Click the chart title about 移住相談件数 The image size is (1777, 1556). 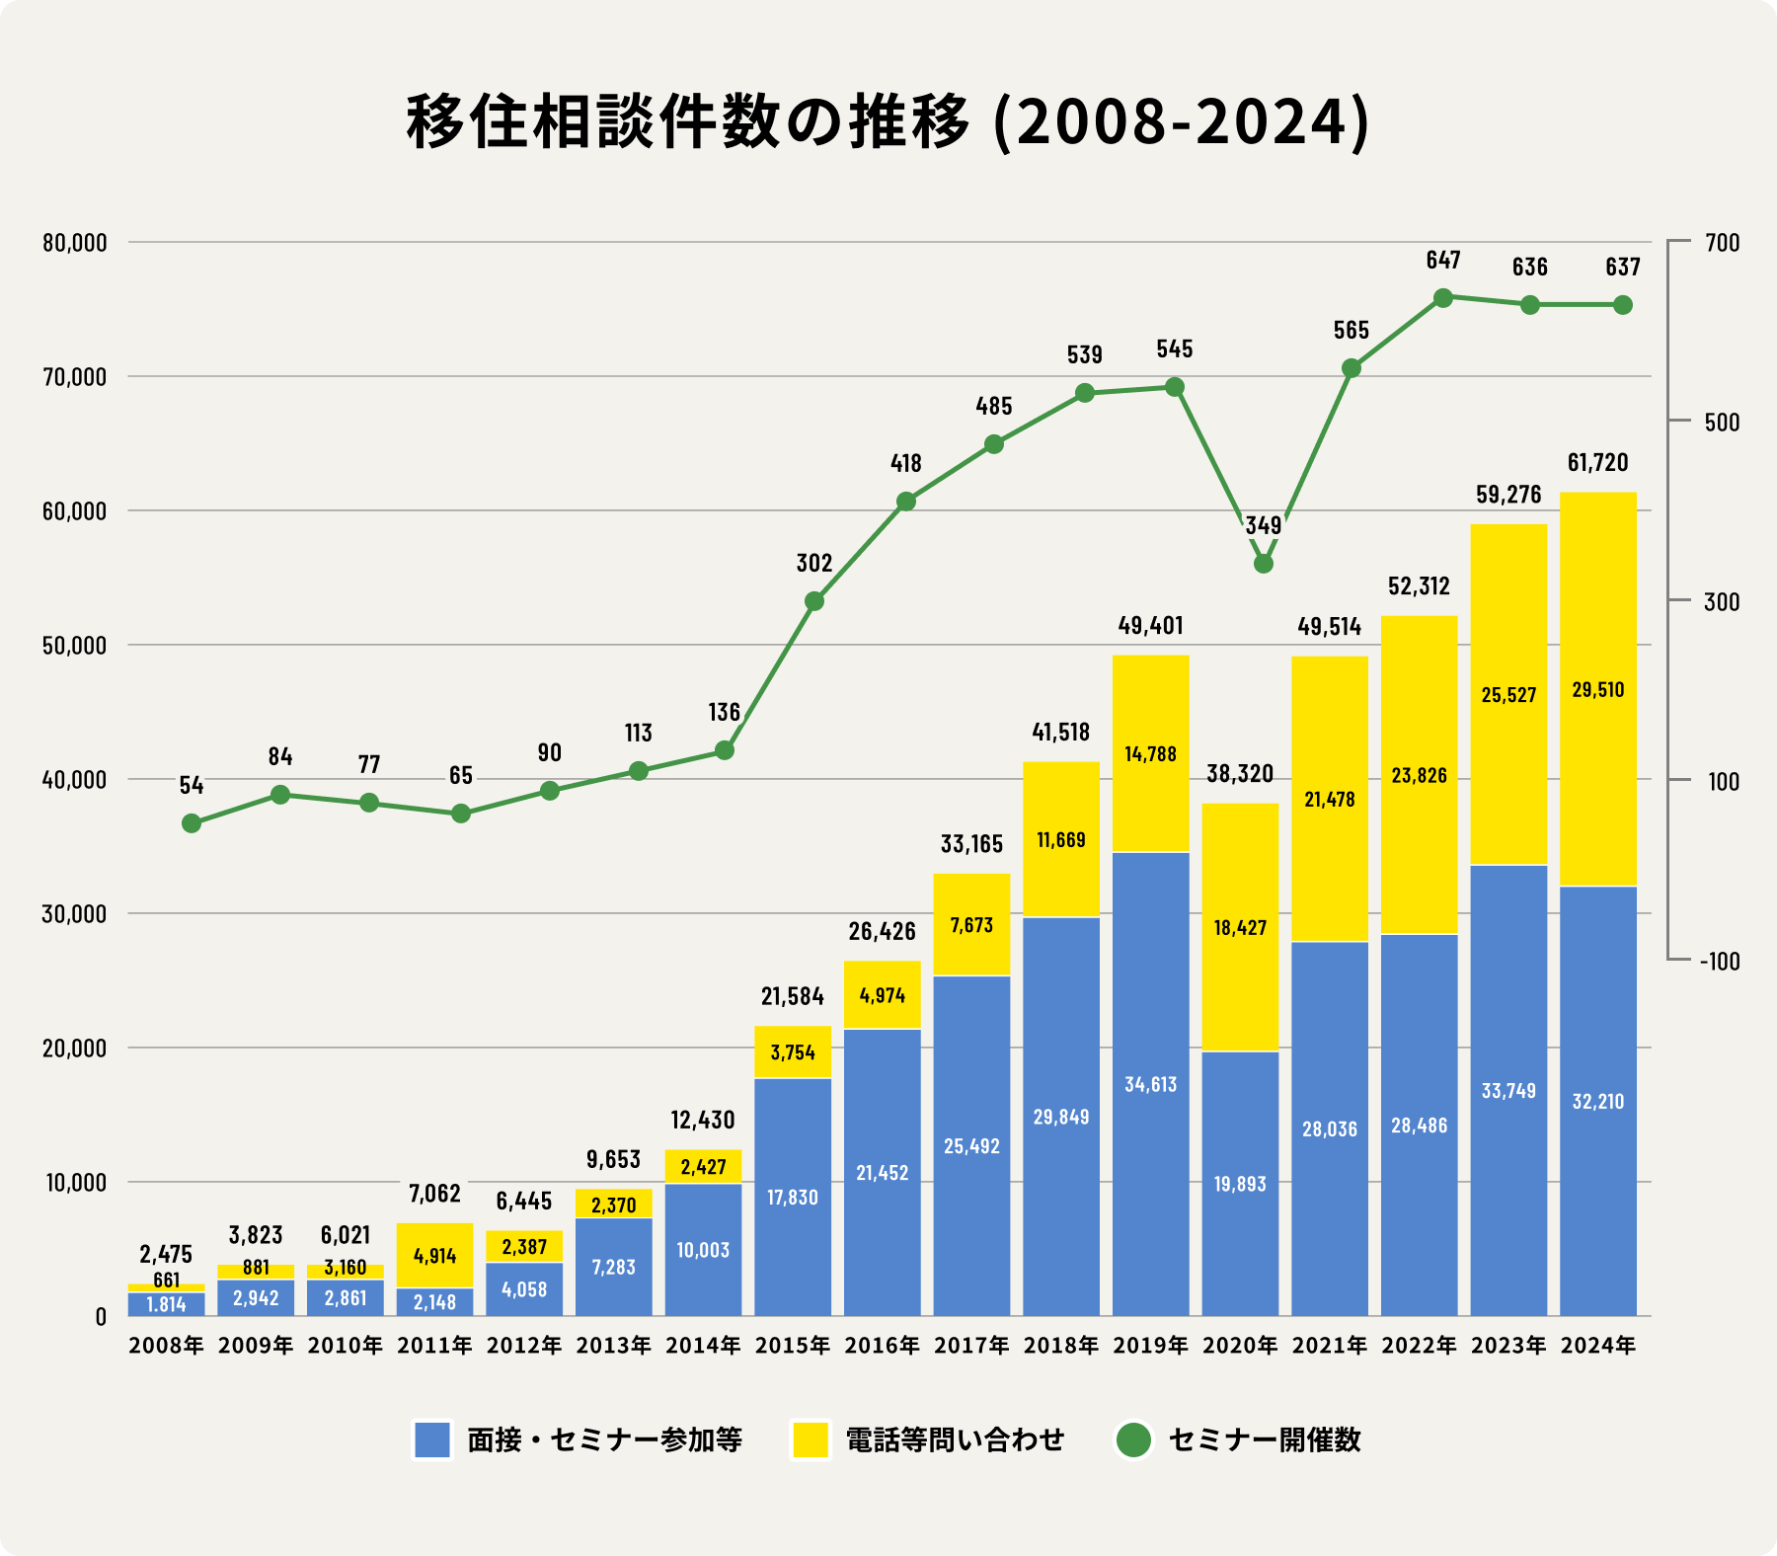click(x=888, y=123)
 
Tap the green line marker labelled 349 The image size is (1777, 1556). click(x=1264, y=564)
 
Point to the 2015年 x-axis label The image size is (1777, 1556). click(x=793, y=1346)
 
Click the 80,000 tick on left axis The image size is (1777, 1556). click(x=74, y=243)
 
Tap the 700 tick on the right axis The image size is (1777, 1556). click(x=1723, y=243)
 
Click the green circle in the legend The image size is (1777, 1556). click(x=1133, y=1439)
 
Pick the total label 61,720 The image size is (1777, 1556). click(x=1597, y=462)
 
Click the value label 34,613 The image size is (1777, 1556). click(x=1150, y=1084)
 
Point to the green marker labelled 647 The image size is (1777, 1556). click(x=1442, y=297)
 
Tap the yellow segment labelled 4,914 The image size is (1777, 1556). click(x=434, y=1256)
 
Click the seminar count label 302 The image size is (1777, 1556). click(x=814, y=563)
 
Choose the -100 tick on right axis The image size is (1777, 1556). click(x=1720, y=962)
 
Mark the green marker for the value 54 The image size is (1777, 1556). click(x=192, y=823)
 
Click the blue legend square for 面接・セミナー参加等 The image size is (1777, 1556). click(x=432, y=1439)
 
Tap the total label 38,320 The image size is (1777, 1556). click(x=1240, y=773)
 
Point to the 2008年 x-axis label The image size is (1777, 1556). click(x=166, y=1346)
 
